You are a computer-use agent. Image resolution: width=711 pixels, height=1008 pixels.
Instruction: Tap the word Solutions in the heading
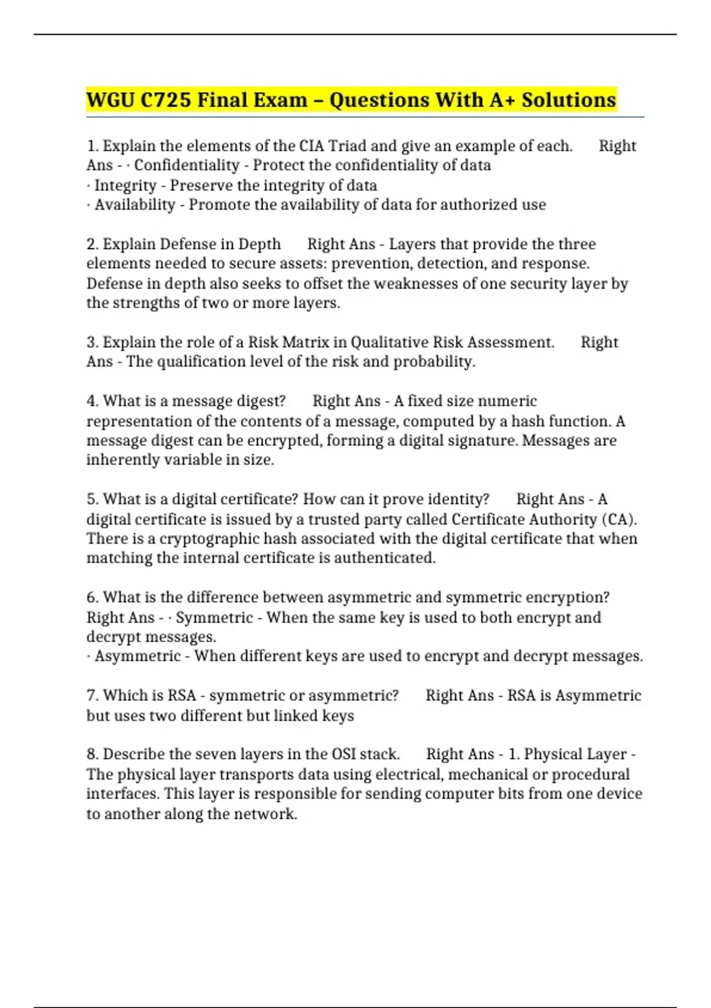click(x=569, y=100)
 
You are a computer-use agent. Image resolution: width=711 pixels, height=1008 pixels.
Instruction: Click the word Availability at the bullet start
click(x=135, y=205)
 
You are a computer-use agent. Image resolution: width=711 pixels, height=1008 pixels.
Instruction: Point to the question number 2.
click(x=92, y=244)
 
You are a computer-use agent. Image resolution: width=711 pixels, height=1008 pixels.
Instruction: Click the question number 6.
click(x=92, y=597)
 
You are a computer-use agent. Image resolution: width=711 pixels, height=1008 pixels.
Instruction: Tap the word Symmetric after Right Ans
click(x=214, y=617)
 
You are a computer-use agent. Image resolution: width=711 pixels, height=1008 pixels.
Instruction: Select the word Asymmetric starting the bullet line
click(x=137, y=656)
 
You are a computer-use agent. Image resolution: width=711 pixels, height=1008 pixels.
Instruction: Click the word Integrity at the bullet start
click(x=125, y=186)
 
